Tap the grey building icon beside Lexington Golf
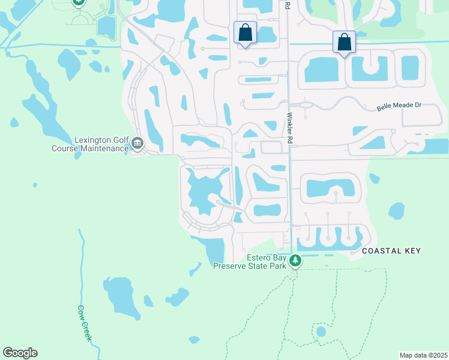pos(137,143)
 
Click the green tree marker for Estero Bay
pos(295,261)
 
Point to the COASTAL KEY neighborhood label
pos(391,251)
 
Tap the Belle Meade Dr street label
pos(399,106)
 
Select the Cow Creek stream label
pos(84,323)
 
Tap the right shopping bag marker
pos(344,42)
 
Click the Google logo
pos(20,353)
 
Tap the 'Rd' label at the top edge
pos(288,5)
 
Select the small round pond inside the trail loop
pos(321,331)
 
